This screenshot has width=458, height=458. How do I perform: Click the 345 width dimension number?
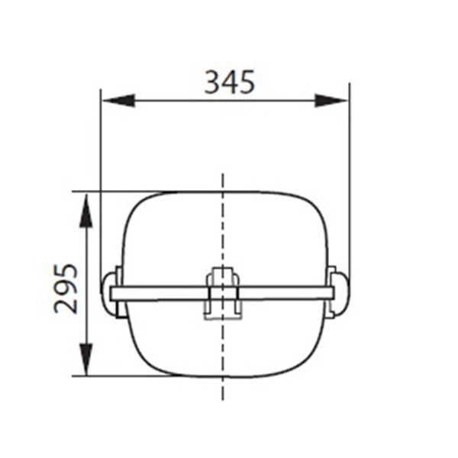click(x=230, y=82)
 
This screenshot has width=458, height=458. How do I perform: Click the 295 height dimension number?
click(x=66, y=289)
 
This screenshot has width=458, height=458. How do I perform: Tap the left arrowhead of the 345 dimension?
click(x=119, y=101)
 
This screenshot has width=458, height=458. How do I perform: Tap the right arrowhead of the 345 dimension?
click(x=331, y=101)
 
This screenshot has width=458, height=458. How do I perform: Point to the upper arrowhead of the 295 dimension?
click(x=86, y=211)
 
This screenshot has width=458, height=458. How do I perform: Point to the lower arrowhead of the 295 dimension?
click(x=86, y=359)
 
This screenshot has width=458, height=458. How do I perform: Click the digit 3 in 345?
click(x=212, y=82)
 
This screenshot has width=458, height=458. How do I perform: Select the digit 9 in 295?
click(x=66, y=289)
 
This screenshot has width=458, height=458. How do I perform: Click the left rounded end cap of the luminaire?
click(x=108, y=294)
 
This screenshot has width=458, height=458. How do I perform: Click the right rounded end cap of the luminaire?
click(x=342, y=294)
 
